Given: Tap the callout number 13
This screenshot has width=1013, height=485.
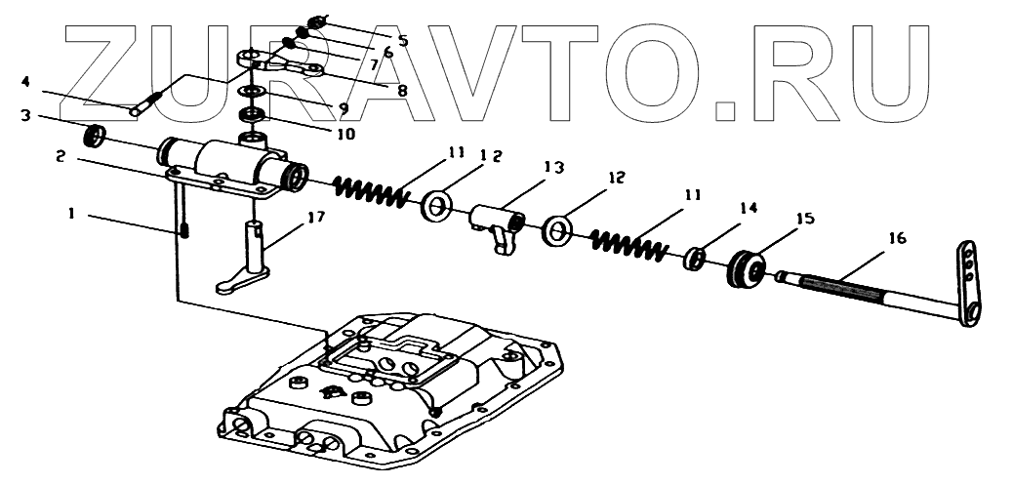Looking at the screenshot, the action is click(553, 168).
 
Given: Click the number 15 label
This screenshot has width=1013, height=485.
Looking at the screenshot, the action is click(807, 220).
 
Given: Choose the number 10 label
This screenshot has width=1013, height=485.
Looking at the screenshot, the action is click(345, 132).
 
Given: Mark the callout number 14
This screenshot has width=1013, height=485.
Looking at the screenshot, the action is click(748, 207).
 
